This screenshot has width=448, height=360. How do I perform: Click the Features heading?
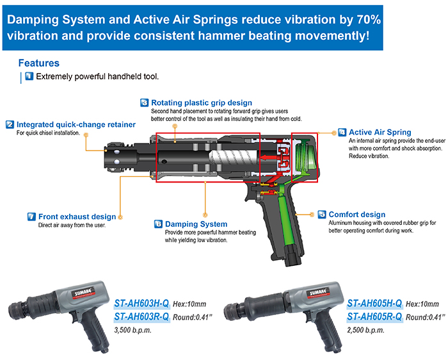[x=38, y=63]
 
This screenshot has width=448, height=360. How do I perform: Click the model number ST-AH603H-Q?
[x=141, y=303]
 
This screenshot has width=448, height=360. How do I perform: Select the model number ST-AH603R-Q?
[x=141, y=316]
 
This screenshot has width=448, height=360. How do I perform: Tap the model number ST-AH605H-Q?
[x=374, y=303]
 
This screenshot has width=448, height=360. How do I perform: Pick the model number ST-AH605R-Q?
[x=374, y=316]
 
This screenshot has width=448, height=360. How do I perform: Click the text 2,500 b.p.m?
[x=366, y=331]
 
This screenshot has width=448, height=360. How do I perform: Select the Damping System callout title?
[x=196, y=224]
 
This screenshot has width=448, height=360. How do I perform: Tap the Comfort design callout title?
[x=356, y=215]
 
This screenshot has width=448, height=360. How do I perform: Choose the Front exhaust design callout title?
[x=77, y=217]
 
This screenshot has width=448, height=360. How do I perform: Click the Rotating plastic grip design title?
[x=201, y=102]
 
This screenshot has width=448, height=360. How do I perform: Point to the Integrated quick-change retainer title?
[x=76, y=124]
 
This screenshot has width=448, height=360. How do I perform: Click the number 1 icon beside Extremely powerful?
[x=29, y=77]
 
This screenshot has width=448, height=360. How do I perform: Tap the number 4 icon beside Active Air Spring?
[x=343, y=132]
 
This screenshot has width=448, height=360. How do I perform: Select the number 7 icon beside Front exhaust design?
[x=31, y=217]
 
